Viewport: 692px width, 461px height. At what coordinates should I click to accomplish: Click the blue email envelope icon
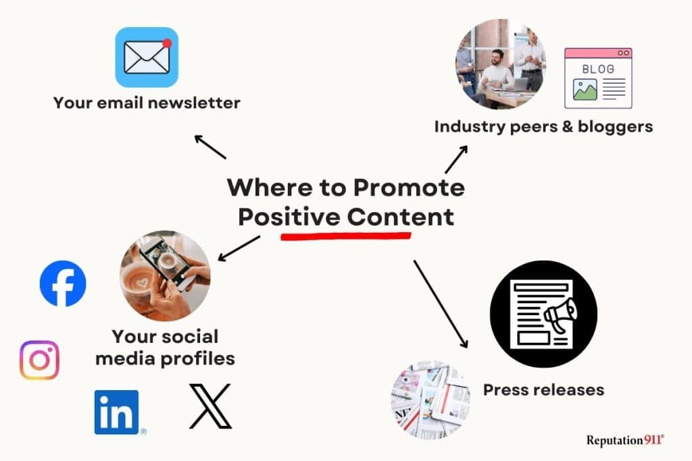click(x=147, y=57)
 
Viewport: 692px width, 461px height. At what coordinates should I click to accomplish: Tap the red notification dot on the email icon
click(x=167, y=43)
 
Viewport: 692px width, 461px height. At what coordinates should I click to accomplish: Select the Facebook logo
click(x=63, y=283)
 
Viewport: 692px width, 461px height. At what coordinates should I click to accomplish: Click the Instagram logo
click(x=39, y=360)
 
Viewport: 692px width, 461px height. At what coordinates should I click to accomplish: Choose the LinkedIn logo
click(x=117, y=412)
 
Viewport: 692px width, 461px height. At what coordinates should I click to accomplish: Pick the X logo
click(x=210, y=406)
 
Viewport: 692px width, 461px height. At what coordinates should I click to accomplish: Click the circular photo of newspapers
click(x=430, y=400)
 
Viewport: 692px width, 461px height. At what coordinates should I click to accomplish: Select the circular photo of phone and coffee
click(x=165, y=275)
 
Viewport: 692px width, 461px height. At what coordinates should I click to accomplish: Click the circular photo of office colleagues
click(x=501, y=64)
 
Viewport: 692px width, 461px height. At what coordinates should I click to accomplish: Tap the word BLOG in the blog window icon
click(x=598, y=70)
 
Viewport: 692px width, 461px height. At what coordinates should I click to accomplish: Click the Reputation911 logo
click(x=625, y=440)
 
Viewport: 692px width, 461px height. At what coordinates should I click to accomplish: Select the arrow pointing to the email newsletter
click(x=210, y=146)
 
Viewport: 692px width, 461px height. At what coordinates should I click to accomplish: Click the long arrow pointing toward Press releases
click(x=440, y=303)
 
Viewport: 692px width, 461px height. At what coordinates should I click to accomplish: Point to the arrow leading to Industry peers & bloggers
click(x=456, y=159)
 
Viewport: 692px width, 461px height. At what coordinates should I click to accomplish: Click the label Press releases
click(x=543, y=389)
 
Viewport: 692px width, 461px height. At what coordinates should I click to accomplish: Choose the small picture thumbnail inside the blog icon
click(x=585, y=90)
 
